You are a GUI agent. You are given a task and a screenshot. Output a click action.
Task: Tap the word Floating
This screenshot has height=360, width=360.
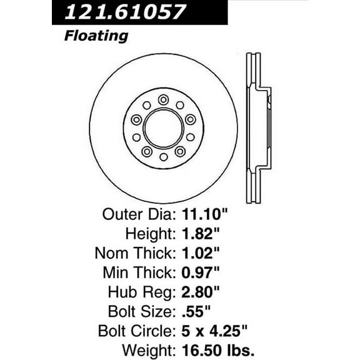(96, 36)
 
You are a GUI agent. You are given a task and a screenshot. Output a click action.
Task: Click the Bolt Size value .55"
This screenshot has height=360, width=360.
(193, 311)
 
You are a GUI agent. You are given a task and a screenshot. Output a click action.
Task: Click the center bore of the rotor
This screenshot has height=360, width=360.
(163, 128)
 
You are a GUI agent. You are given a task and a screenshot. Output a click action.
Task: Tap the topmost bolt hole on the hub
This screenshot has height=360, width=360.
(163, 100)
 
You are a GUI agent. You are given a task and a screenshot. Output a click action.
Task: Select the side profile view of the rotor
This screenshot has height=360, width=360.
(258, 128)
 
